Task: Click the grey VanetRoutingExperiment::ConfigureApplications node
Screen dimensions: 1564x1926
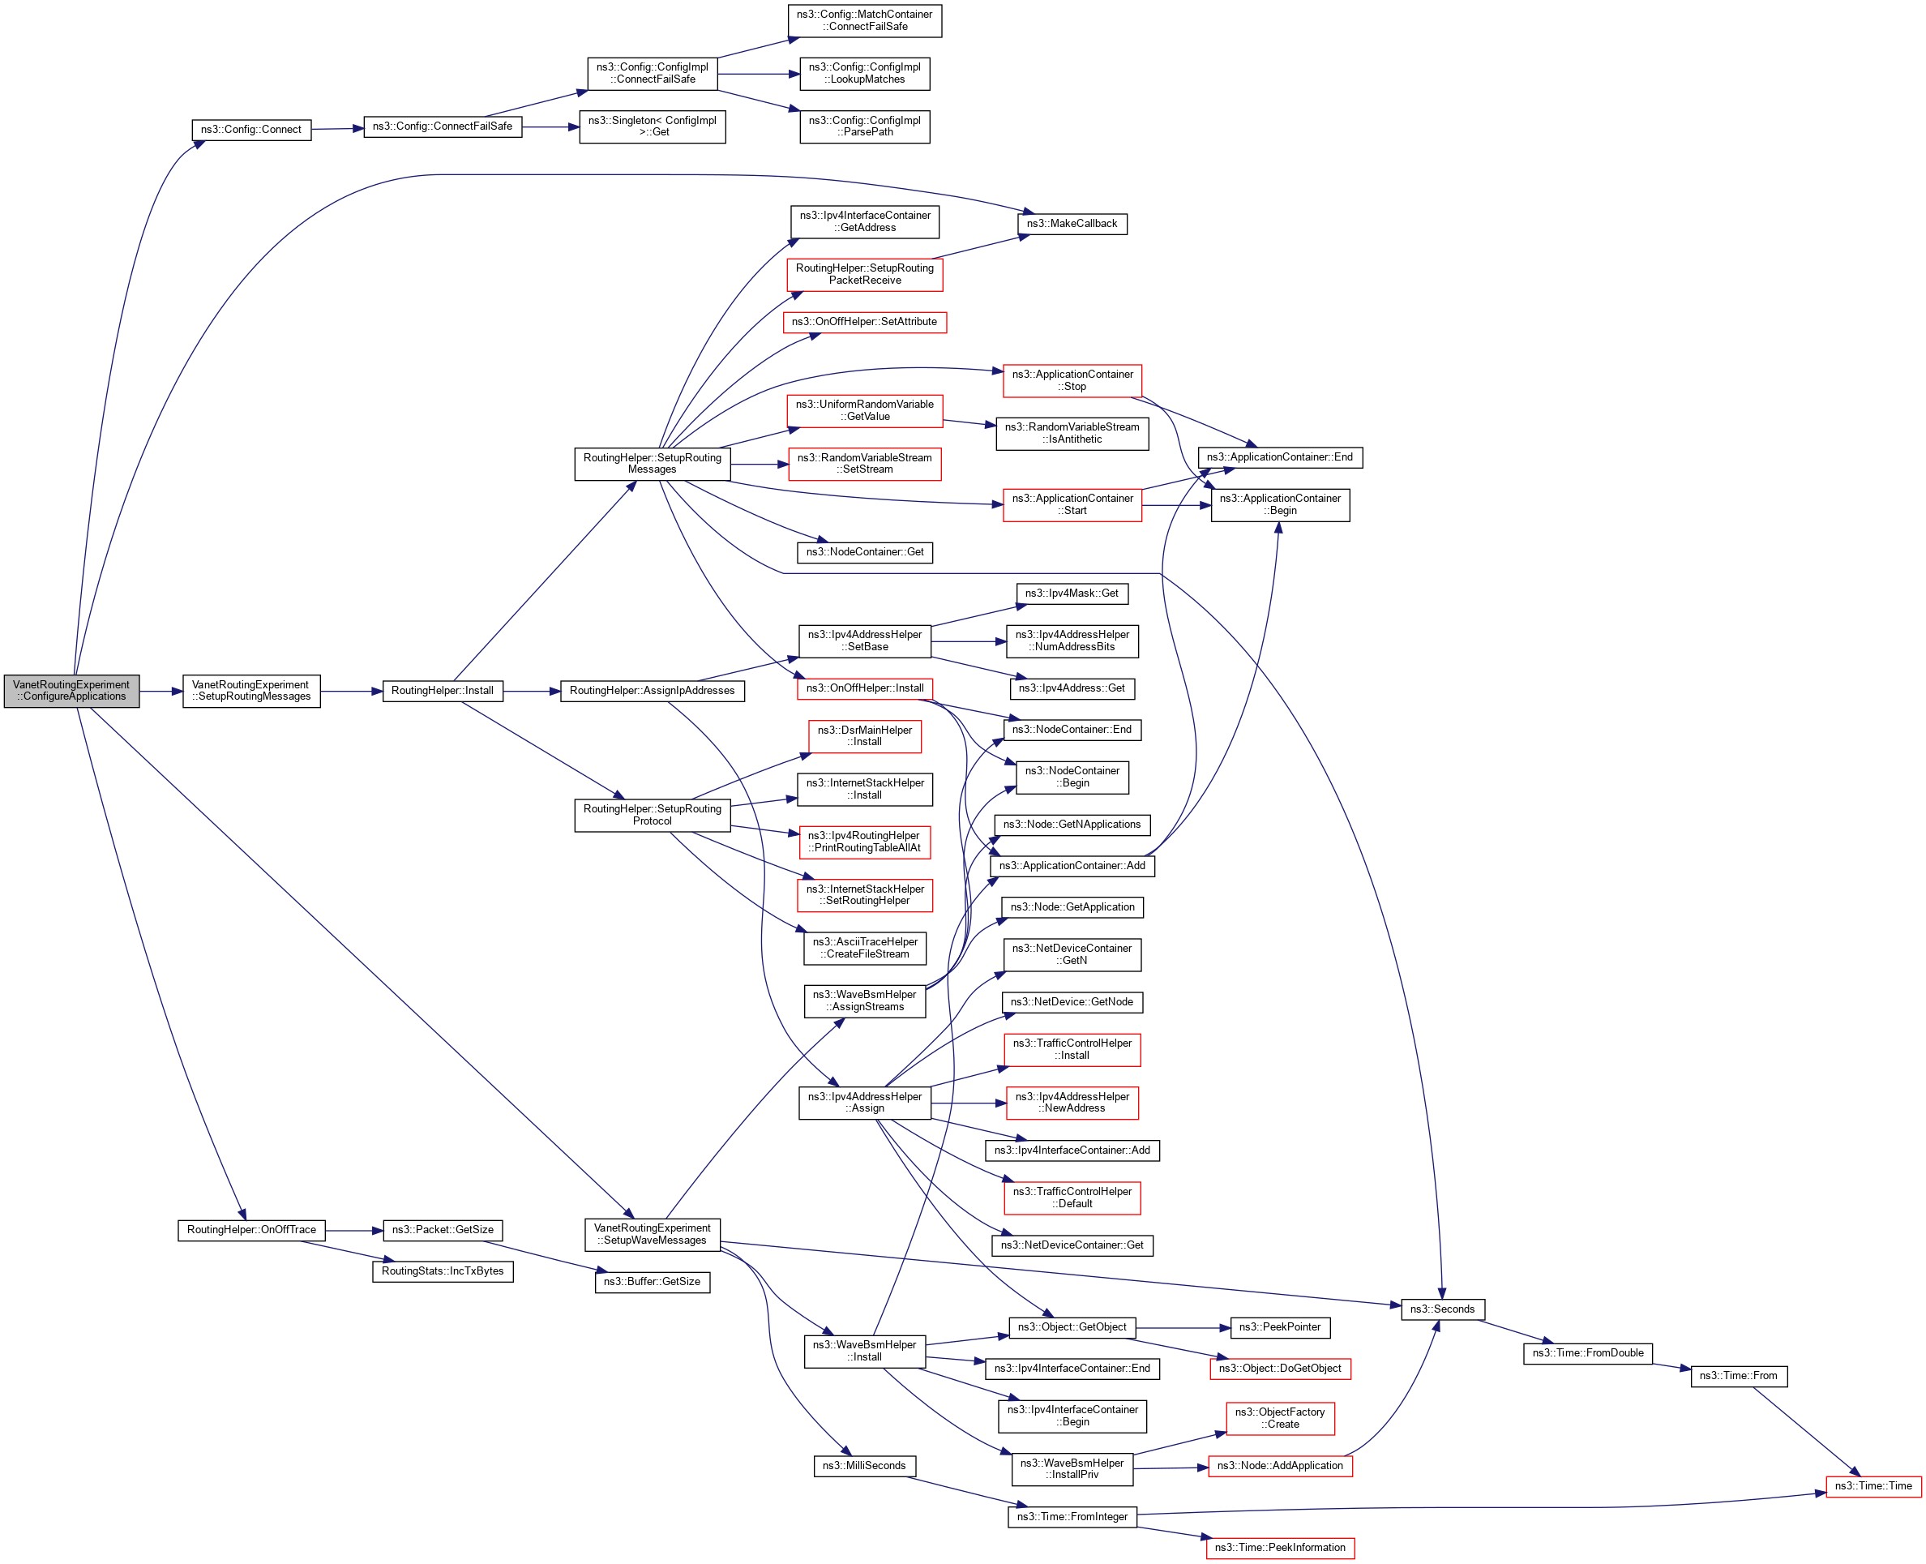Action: coord(71,691)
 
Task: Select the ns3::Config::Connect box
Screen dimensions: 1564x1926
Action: coord(251,130)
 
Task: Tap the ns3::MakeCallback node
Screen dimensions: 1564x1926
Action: coord(1071,224)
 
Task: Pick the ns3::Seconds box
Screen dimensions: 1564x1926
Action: coord(1441,1309)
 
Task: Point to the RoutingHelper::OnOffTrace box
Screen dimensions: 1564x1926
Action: coord(251,1230)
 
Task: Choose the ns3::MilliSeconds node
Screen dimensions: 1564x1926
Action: coord(864,1466)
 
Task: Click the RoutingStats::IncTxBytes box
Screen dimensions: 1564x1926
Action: coord(443,1271)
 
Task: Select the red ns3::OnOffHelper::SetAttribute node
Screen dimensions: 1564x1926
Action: coord(864,322)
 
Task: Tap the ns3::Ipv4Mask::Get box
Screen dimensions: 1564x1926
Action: coord(1071,593)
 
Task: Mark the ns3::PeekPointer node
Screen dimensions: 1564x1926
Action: coord(1279,1327)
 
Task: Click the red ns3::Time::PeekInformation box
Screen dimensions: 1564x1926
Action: coord(1279,1548)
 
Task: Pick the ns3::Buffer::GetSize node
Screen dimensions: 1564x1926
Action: coord(653,1281)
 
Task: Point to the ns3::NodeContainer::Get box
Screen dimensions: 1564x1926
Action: coord(864,551)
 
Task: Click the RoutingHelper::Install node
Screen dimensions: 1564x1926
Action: coord(443,691)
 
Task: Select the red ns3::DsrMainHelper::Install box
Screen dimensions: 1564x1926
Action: coord(864,736)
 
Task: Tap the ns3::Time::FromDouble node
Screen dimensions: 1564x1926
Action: coord(1587,1353)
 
